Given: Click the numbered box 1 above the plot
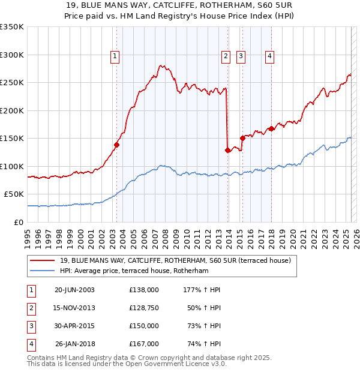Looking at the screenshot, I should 115,57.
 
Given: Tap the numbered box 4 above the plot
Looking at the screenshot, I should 270,57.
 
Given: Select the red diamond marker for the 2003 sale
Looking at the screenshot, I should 117,145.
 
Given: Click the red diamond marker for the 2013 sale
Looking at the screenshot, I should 228,151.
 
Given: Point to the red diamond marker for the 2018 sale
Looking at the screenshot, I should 271,128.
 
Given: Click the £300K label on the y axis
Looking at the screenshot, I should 12,55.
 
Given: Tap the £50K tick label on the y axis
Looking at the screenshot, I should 14,194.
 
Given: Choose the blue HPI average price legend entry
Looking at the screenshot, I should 133,271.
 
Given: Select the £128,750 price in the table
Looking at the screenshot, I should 143,308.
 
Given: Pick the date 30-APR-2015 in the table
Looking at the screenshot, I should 74,326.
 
